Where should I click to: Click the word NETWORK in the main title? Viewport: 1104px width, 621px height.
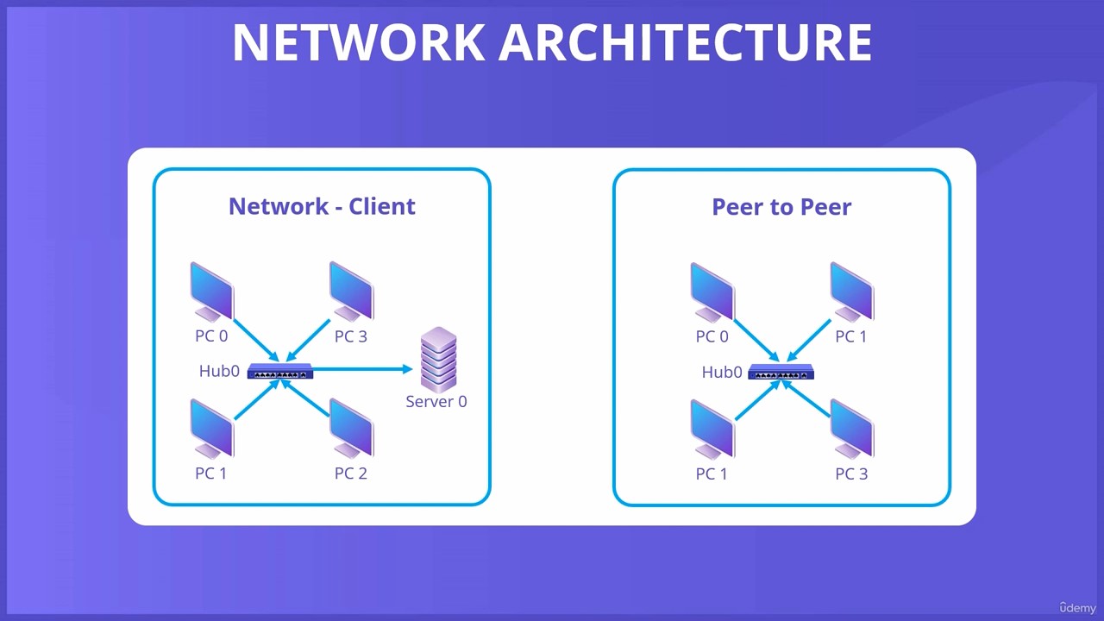click(x=359, y=42)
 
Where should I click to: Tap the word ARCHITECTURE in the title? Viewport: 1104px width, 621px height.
click(x=686, y=42)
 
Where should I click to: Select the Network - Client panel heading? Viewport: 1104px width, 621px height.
click(x=322, y=206)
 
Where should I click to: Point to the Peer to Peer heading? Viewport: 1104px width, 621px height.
click(x=781, y=206)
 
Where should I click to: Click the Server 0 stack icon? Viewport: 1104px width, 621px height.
click(x=438, y=360)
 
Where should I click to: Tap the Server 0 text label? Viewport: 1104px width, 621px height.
click(x=436, y=401)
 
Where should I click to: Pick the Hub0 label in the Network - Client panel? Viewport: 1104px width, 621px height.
click(x=219, y=371)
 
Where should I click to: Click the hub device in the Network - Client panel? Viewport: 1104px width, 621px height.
click(x=280, y=371)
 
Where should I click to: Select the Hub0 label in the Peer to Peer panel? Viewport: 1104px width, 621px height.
click(x=722, y=372)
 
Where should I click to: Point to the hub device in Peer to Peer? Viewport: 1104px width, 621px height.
click(x=781, y=372)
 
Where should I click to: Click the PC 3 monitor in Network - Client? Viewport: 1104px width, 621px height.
click(x=351, y=292)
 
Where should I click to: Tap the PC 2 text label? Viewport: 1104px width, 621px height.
click(x=350, y=474)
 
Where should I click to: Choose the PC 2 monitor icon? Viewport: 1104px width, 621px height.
click(x=351, y=429)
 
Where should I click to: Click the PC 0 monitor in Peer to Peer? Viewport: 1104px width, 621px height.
click(x=712, y=292)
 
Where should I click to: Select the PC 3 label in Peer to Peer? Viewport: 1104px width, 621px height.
click(x=851, y=474)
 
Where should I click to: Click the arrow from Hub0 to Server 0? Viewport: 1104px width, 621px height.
click(x=362, y=368)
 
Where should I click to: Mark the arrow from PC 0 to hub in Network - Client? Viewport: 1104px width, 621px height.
click(x=256, y=340)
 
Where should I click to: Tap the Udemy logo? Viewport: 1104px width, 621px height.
click(x=1077, y=607)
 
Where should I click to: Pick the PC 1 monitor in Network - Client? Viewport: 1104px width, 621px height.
click(x=212, y=429)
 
